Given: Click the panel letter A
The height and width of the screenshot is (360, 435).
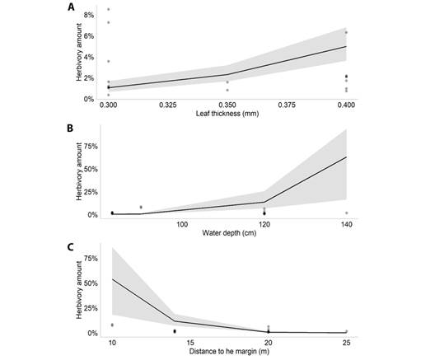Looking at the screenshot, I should [x=72, y=7].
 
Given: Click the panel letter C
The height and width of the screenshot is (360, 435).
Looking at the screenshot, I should [x=72, y=246].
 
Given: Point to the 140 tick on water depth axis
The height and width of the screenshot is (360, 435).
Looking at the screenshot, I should [x=346, y=224].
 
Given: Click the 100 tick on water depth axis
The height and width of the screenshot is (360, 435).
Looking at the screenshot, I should [x=183, y=224].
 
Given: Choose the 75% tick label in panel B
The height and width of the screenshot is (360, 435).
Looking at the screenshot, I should [x=89, y=146].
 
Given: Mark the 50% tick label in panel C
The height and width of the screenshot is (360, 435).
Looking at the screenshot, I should [x=89, y=283].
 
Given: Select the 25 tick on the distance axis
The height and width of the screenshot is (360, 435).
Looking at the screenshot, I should [x=346, y=343].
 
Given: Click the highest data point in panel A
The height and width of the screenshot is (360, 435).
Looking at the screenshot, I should [x=109, y=10].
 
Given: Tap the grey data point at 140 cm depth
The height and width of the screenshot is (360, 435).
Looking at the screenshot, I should [x=346, y=213].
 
